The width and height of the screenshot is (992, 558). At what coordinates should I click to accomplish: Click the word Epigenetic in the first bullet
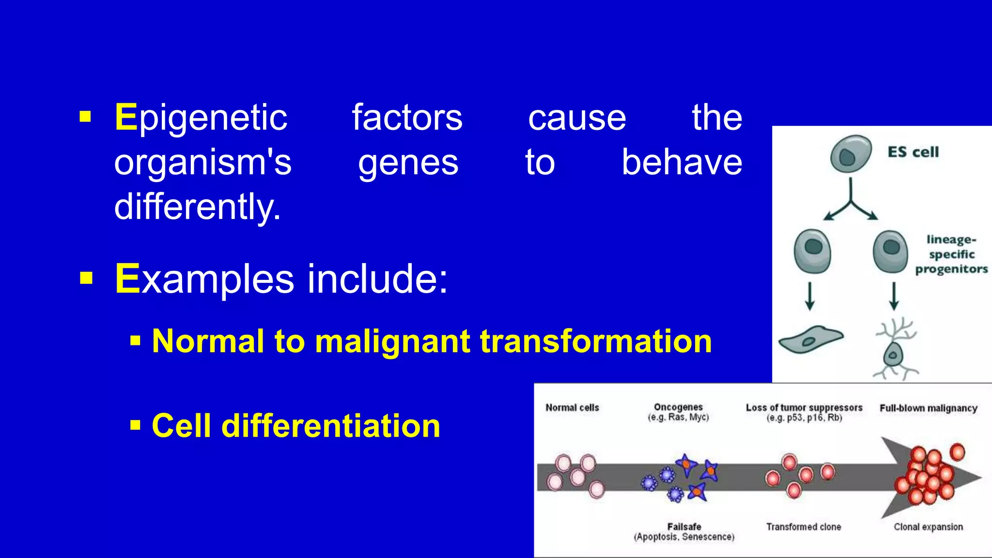(x=201, y=118)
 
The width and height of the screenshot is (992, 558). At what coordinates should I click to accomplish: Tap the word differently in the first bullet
(x=197, y=207)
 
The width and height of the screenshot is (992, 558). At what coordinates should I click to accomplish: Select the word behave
(x=682, y=162)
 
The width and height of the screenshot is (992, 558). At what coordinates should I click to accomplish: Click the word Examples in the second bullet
(x=204, y=279)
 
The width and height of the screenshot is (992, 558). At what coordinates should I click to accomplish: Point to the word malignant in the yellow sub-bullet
(x=392, y=341)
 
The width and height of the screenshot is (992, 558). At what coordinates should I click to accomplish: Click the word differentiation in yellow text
(x=330, y=426)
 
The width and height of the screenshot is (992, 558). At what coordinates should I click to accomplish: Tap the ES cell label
(x=913, y=152)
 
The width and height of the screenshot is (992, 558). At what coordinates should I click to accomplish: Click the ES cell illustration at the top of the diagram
(x=850, y=154)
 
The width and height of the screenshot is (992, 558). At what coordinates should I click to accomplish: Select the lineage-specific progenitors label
(x=951, y=254)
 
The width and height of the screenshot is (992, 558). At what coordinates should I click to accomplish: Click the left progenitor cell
(x=812, y=251)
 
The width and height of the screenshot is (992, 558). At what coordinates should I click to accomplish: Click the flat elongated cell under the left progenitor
(x=810, y=339)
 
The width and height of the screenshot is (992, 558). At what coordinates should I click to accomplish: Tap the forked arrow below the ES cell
(x=851, y=201)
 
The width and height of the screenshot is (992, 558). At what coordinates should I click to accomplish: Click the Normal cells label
(x=572, y=408)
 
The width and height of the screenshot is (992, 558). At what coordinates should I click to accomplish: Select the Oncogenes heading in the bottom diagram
(x=678, y=407)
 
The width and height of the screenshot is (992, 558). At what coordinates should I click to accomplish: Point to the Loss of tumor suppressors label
(x=804, y=408)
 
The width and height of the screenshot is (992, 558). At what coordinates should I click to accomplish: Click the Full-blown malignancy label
(x=928, y=408)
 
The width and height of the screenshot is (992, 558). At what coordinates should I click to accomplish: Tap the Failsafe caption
(x=684, y=527)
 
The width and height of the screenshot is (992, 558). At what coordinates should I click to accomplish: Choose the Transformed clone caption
(x=804, y=527)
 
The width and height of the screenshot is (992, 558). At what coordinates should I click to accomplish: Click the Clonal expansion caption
(x=928, y=527)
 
